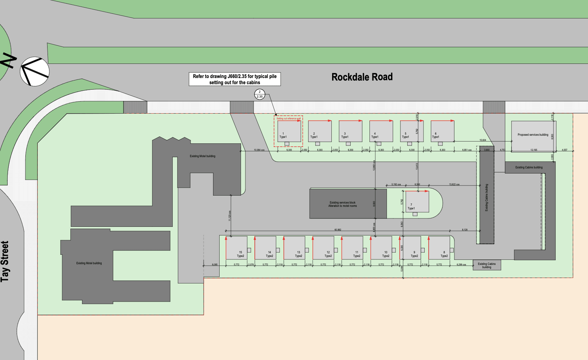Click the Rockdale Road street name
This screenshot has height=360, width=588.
pyautogui.click(x=362, y=77)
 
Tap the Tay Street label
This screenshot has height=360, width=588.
pyautogui.click(x=5, y=261)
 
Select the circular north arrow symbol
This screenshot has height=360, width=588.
pyautogui.click(x=34, y=71)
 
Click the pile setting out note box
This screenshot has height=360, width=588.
pyautogui.click(x=234, y=79)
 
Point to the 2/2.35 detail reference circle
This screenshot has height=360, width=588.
pyautogui.click(x=260, y=94)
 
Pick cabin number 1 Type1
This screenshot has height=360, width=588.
pyautogui.click(x=289, y=131)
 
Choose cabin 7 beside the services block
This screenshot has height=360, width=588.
pyautogui.click(x=417, y=202)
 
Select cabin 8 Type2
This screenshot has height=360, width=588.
pyautogui.click(x=439, y=247)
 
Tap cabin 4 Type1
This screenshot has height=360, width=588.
pyautogui.click(x=381, y=131)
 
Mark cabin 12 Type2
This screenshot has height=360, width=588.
pyautogui.click(x=323, y=247)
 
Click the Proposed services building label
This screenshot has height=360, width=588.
pyautogui.click(x=533, y=135)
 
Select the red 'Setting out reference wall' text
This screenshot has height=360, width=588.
pyautogui.click(x=289, y=119)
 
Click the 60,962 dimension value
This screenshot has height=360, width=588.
pyautogui.click(x=338, y=230)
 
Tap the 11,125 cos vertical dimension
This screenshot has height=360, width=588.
pyautogui.click(x=229, y=216)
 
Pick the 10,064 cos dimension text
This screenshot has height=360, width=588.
pyautogui.click(x=259, y=150)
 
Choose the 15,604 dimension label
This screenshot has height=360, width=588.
pyautogui.click(x=482, y=140)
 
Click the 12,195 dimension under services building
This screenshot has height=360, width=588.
pyautogui.click(x=534, y=150)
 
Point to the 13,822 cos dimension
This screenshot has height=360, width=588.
pyautogui.click(x=454, y=184)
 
